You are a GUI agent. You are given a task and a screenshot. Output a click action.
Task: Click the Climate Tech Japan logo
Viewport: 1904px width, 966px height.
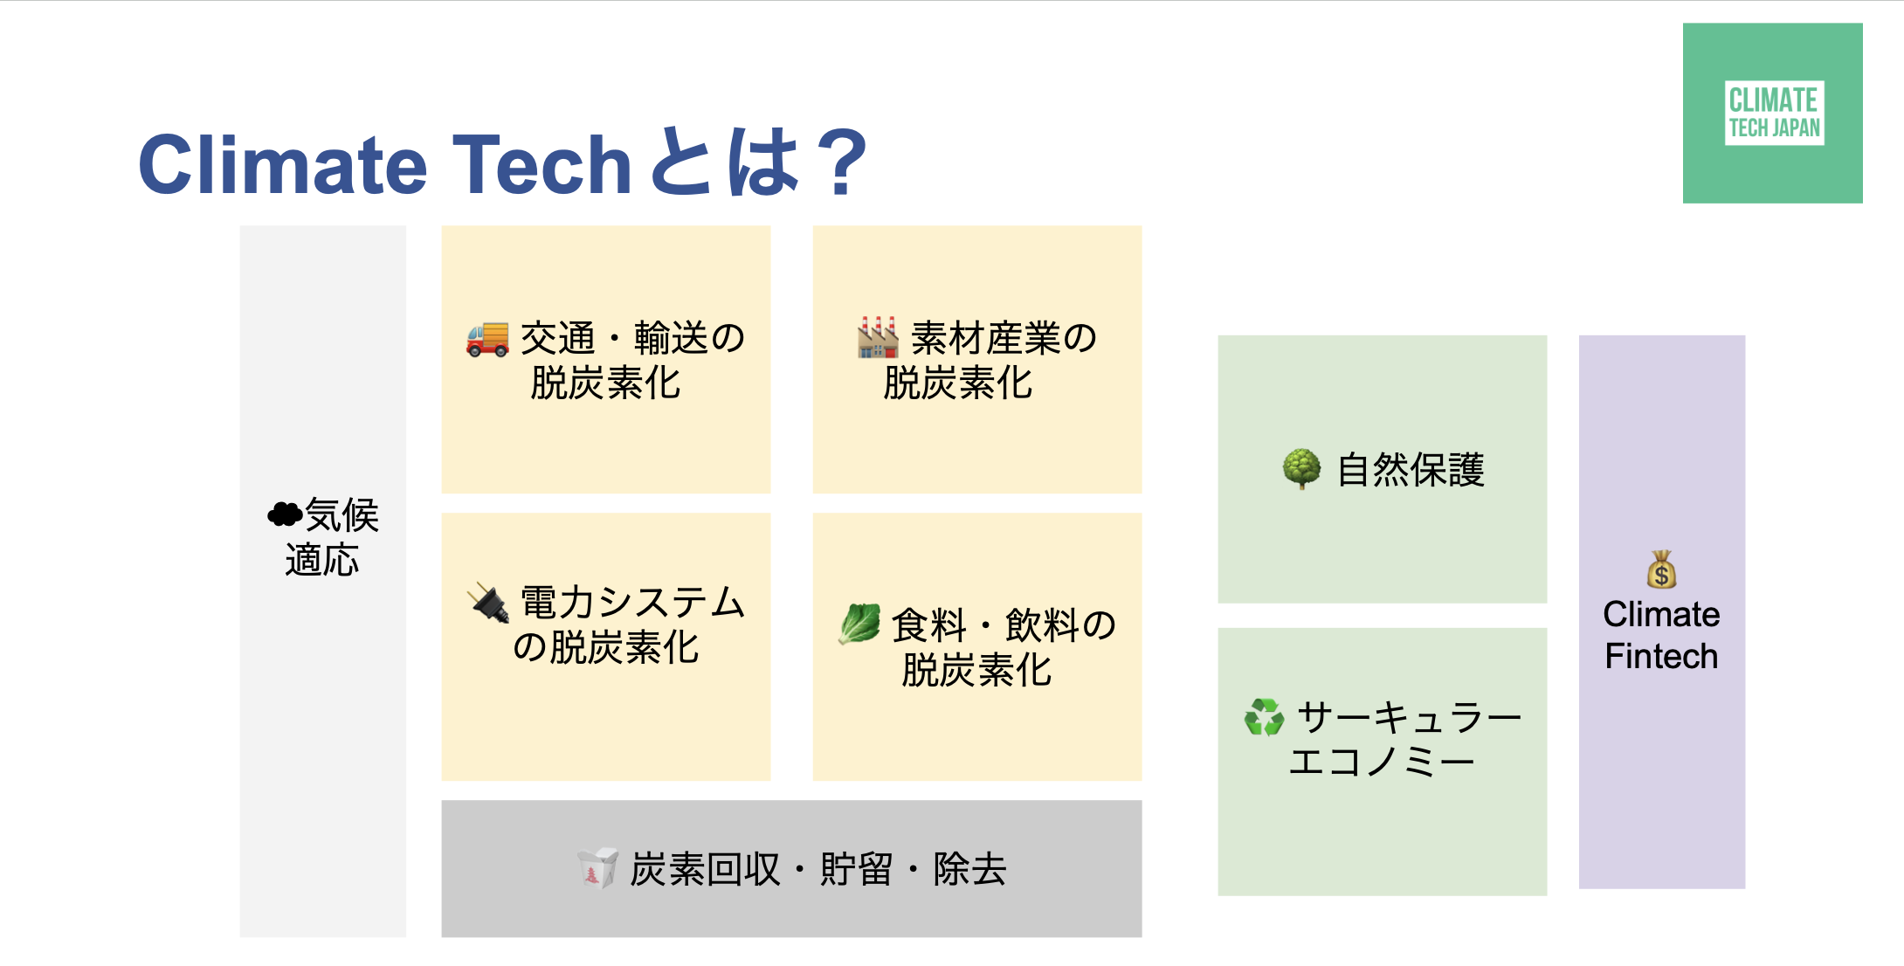point(1772,113)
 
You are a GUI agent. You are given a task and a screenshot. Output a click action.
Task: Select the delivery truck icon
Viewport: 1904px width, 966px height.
point(487,339)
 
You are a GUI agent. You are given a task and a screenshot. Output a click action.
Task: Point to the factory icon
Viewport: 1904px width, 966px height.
point(878,337)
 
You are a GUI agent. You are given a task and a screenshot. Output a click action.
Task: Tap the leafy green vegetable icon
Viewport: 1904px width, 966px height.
point(859,624)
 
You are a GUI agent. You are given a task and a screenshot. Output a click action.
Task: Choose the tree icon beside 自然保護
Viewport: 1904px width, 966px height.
point(1301,469)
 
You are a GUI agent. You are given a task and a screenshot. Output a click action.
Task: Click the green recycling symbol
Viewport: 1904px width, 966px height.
point(1264,717)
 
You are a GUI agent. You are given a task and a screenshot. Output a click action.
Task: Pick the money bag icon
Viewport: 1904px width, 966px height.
point(1661,569)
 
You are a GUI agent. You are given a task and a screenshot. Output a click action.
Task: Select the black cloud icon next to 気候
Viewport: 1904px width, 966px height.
point(285,514)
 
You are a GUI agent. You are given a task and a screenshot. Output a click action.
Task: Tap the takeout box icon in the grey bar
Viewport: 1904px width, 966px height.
point(598,868)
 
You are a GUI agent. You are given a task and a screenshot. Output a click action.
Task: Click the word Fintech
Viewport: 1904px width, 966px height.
point(1661,656)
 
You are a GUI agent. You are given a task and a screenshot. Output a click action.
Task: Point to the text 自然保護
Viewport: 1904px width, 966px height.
point(1411,470)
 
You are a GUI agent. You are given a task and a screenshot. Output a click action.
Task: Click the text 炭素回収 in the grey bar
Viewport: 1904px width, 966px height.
point(705,869)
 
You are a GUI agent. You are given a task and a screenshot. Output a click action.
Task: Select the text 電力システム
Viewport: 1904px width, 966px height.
point(632,603)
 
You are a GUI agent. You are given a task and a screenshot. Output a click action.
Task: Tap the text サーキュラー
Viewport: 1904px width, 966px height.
point(1410,718)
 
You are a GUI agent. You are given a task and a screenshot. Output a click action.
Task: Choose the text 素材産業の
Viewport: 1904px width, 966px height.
point(1004,338)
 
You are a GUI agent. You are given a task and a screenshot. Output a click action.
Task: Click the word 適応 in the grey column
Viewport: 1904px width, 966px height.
point(322,560)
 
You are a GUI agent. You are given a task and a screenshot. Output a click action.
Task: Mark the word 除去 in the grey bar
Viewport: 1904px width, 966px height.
point(969,869)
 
